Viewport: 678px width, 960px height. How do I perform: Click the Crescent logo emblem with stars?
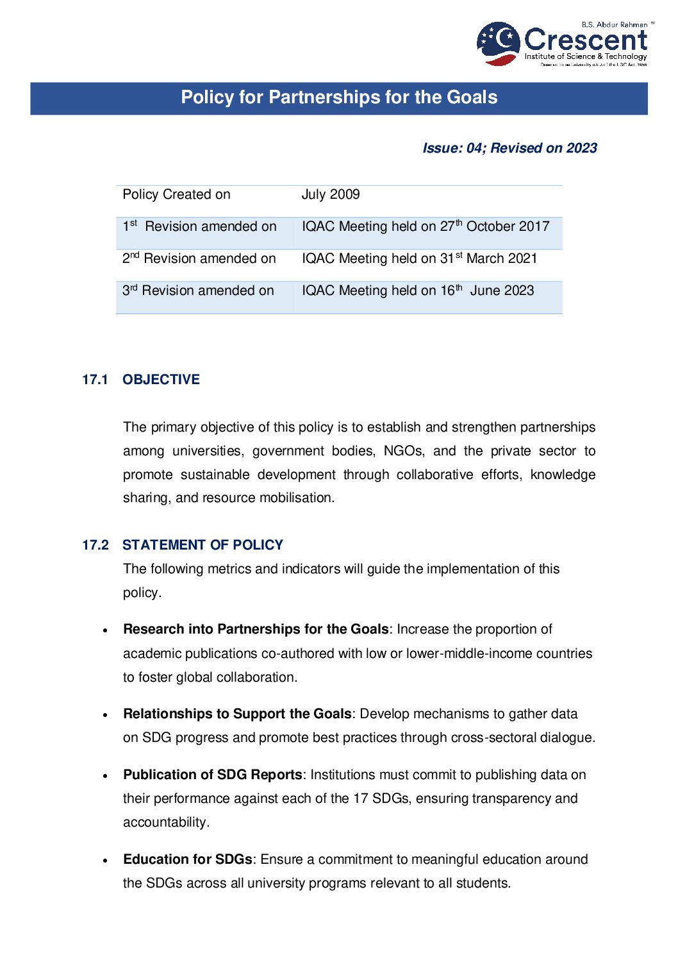click(x=498, y=43)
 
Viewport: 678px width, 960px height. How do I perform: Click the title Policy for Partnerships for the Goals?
click(x=339, y=97)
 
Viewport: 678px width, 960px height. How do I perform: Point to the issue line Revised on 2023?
click(x=509, y=148)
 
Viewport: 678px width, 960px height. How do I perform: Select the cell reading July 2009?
click(x=331, y=194)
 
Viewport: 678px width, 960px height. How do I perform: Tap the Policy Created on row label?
click(x=176, y=194)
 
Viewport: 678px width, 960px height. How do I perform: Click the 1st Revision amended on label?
click(x=199, y=226)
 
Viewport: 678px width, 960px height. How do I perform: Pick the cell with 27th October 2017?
click(x=426, y=226)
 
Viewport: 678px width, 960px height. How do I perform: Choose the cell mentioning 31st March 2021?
click(x=419, y=258)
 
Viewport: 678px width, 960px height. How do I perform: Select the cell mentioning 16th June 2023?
click(x=417, y=291)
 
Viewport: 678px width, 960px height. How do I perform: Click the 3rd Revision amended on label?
click(x=198, y=291)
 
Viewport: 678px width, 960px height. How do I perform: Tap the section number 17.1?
click(x=95, y=380)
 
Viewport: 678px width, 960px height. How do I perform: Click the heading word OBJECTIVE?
click(x=161, y=380)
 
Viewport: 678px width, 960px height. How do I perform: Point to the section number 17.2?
click(x=95, y=545)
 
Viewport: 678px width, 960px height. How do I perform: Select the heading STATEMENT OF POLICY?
click(x=203, y=545)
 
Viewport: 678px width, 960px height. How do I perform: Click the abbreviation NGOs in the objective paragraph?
click(x=403, y=451)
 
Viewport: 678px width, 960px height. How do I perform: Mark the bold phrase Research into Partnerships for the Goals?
click(x=256, y=629)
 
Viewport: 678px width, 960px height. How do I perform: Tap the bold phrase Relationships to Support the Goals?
click(x=237, y=714)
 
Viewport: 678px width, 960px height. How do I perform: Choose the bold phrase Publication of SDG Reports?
click(x=212, y=775)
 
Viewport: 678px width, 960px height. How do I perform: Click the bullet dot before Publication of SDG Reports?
click(x=105, y=776)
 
